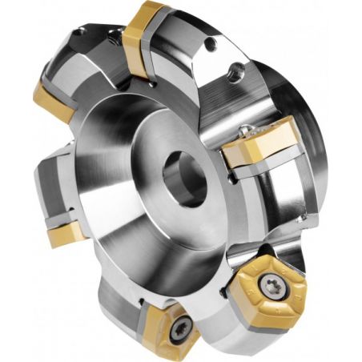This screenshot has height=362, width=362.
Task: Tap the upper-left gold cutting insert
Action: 54,101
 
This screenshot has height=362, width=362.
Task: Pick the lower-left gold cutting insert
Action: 64,234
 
